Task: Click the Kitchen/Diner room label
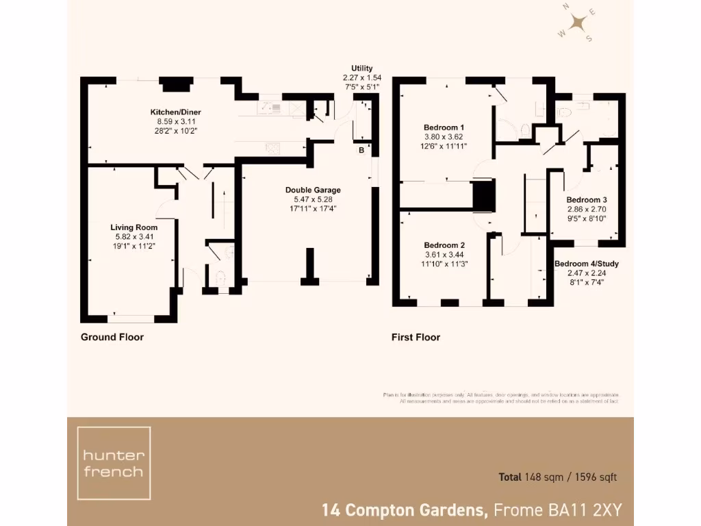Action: pos(175,112)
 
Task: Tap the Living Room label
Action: pos(134,227)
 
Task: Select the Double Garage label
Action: pos(313,190)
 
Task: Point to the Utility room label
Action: pos(361,68)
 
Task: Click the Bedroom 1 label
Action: pos(444,127)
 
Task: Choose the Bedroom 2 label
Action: pos(444,245)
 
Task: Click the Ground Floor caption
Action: pos(112,337)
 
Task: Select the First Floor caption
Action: pos(416,337)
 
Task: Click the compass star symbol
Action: pos(579,24)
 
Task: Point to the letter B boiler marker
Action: pos(361,150)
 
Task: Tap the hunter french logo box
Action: pos(113,463)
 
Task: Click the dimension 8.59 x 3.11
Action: pos(175,121)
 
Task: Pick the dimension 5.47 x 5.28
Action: pos(313,199)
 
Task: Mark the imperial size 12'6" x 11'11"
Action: pos(444,145)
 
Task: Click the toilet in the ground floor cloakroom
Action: pos(220,278)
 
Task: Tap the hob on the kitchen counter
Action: pos(272,146)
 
